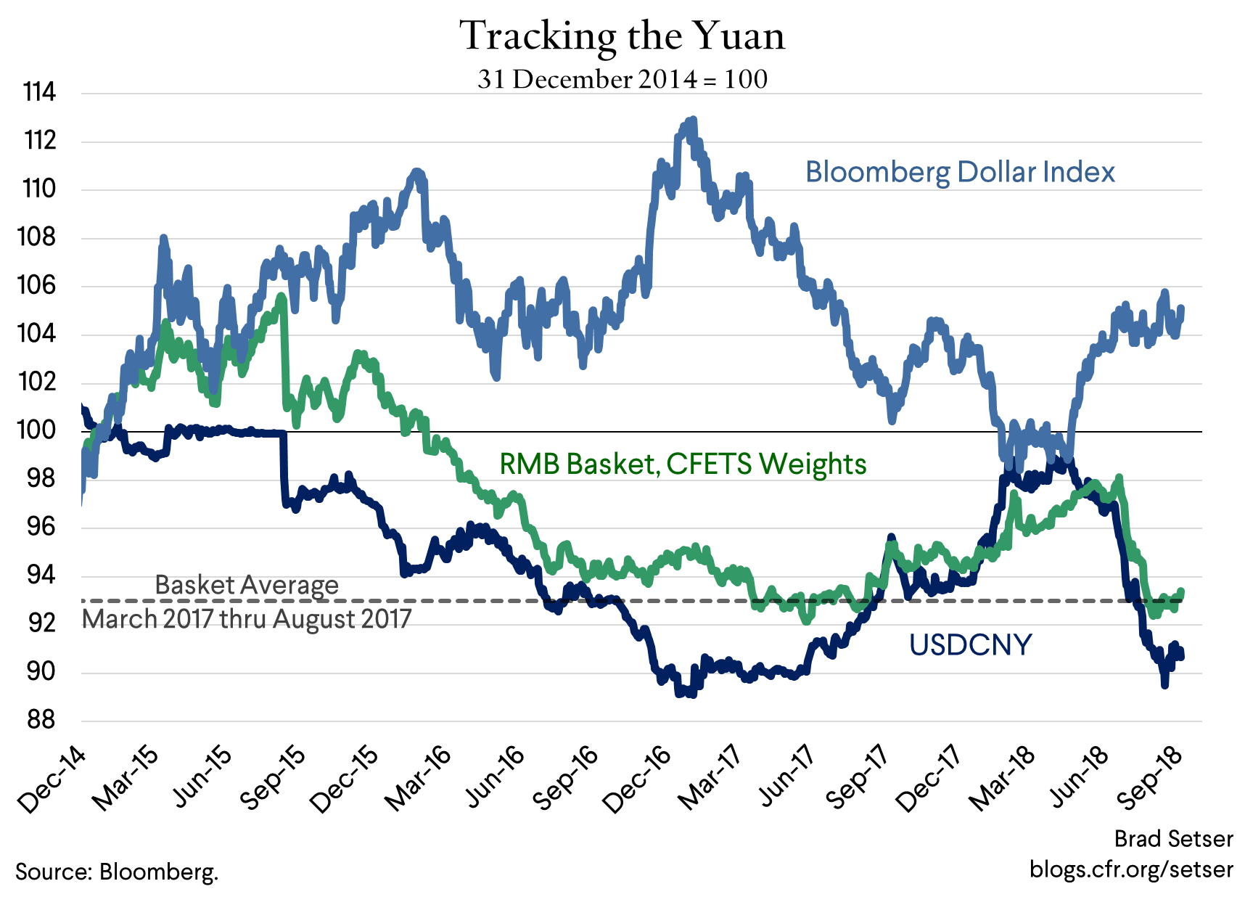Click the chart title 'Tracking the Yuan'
[622, 36]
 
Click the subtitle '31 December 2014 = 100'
[622, 79]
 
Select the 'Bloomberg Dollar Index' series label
[960, 172]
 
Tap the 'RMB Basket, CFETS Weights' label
[683, 464]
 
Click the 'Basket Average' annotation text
[247, 585]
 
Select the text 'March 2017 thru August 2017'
[247, 619]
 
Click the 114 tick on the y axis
[39, 93]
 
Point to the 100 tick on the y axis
[38, 430]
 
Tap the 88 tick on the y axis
[41, 720]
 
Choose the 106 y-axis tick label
[38, 285]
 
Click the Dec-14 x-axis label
[52, 779]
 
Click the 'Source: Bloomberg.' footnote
[117, 871]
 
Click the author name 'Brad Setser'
[1173, 839]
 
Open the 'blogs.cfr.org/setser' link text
[1130, 869]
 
